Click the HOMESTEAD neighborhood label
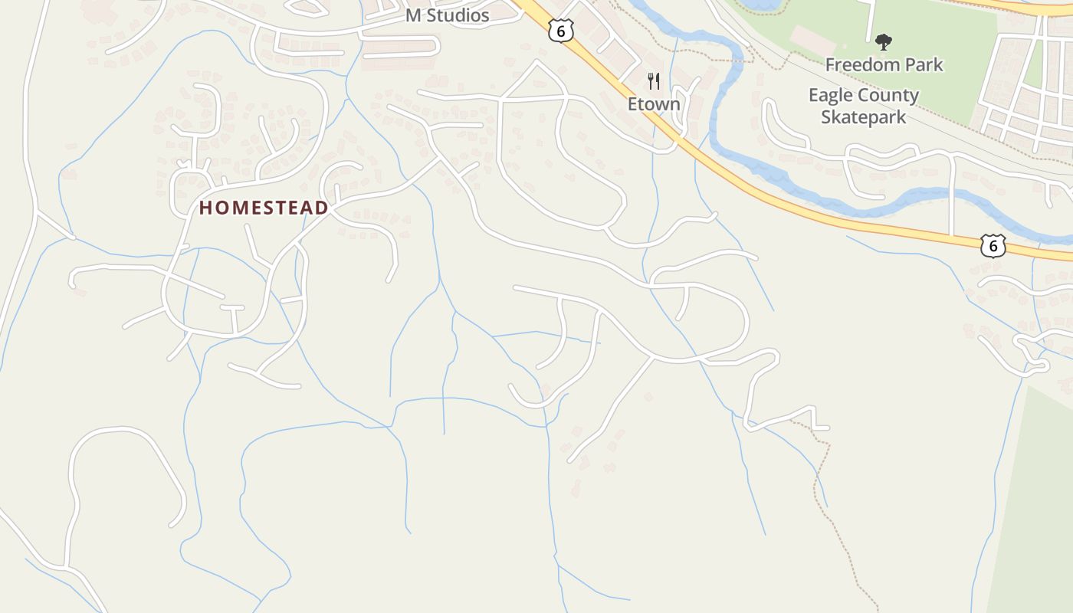pyautogui.click(x=264, y=208)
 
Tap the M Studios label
pyautogui.click(x=447, y=15)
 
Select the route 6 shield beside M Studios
pyautogui.click(x=561, y=31)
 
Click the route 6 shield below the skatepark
pyautogui.click(x=993, y=246)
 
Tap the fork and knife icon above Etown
pyautogui.click(x=654, y=81)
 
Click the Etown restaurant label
pyautogui.click(x=654, y=103)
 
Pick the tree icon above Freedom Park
pyautogui.click(x=884, y=41)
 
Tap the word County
pyautogui.click(x=891, y=96)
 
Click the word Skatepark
pyautogui.click(x=864, y=117)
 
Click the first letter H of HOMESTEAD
pyautogui.click(x=205, y=208)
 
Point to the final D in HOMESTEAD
pyautogui.click(x=323, y=208)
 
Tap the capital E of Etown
pyautogui.click(x=632, y=103)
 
